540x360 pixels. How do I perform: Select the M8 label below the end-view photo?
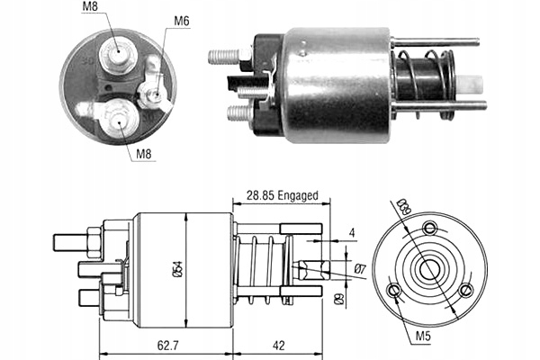point(145,153)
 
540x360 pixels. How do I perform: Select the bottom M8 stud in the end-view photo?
point(117,120)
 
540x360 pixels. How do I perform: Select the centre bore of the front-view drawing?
point(429,269)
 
